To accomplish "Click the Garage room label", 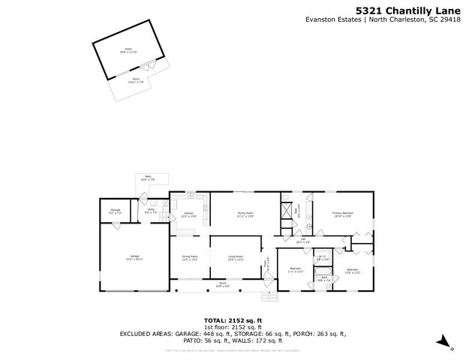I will click(135, 257).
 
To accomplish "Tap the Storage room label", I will click(116, 210).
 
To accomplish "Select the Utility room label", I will click(150, 211).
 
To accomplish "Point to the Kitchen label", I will click(189, 214).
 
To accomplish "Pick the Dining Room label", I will click(190, 256).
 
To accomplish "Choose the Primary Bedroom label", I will click(343, 214).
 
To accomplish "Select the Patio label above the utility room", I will click(148, 178).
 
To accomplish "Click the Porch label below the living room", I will click(221, 284).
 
